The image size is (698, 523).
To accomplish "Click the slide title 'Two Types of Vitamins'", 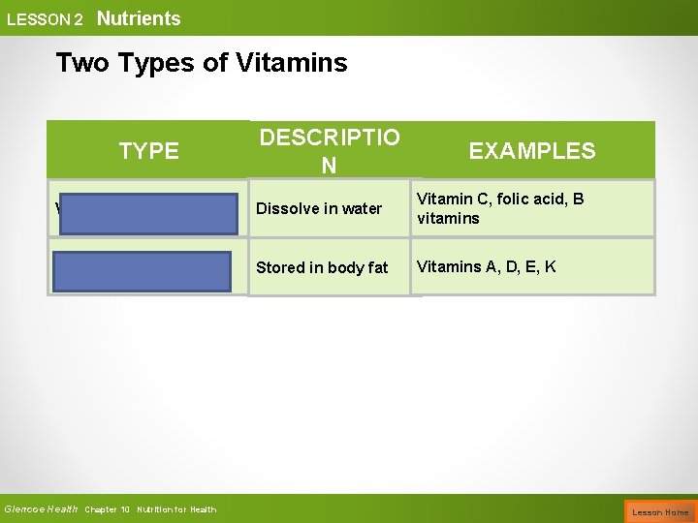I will (x=201, y=63).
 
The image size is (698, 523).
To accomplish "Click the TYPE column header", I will (x=148, y=150).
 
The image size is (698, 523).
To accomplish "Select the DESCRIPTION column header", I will (x=330, y=151).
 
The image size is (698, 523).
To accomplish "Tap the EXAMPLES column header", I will (x=531, y=150).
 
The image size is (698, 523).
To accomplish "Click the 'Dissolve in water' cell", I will (x=319, y=208).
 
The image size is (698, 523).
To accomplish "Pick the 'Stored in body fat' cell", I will (x=321, y=267).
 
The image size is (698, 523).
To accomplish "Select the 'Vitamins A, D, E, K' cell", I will (x=486, y=266).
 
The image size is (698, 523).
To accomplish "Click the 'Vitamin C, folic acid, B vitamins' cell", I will (x=500, y=208).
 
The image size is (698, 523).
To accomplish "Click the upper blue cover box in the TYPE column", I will (x=146, y=214).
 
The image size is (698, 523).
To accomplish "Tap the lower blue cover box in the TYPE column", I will (x=143, y=272).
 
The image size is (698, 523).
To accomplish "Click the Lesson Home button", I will (x=660, y=511).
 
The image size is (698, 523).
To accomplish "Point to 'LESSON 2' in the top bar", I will (x=45, y=19).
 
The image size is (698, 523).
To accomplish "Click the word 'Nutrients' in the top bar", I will (x=139, y=18).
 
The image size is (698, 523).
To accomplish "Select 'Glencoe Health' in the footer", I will (x=41, y=509).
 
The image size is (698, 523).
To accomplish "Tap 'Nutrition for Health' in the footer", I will (x=176, y=509).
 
